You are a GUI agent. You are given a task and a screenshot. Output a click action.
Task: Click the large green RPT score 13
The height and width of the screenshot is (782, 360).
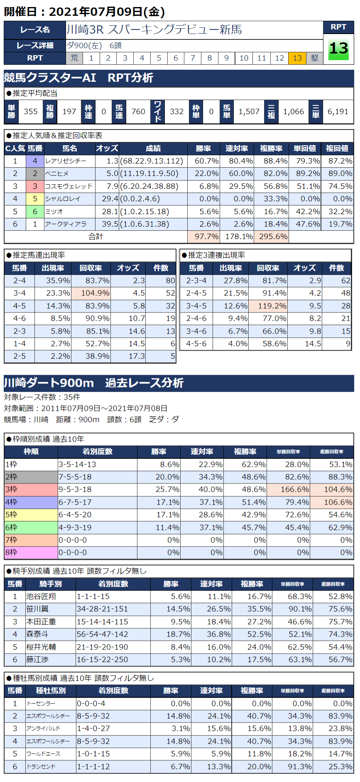(338, 49)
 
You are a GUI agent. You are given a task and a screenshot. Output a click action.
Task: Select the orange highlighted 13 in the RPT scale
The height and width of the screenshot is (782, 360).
(297, 58)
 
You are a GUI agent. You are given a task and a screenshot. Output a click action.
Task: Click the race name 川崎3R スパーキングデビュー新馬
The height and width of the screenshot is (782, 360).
(154, 30)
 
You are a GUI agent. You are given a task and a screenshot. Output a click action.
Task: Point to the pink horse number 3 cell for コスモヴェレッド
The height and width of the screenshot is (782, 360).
(35, 186)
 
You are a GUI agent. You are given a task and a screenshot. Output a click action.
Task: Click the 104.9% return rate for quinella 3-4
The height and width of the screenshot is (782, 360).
(95, 293)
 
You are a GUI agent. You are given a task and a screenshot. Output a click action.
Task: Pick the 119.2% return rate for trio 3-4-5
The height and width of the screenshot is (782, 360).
(272, 306)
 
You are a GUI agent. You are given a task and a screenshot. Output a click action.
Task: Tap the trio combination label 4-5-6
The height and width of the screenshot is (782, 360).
(196, 344)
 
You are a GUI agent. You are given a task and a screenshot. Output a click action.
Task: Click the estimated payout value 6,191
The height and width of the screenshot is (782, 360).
(338, 112)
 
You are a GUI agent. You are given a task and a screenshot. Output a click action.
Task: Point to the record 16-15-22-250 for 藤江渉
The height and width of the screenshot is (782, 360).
(103, 660)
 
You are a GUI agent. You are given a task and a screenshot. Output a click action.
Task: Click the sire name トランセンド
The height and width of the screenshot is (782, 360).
(41, 767)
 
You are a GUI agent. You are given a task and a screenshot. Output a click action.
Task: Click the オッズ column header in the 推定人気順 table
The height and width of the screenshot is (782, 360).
(107, 149)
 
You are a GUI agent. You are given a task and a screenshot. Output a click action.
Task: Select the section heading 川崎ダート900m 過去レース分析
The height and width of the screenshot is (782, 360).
(93, 383)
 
